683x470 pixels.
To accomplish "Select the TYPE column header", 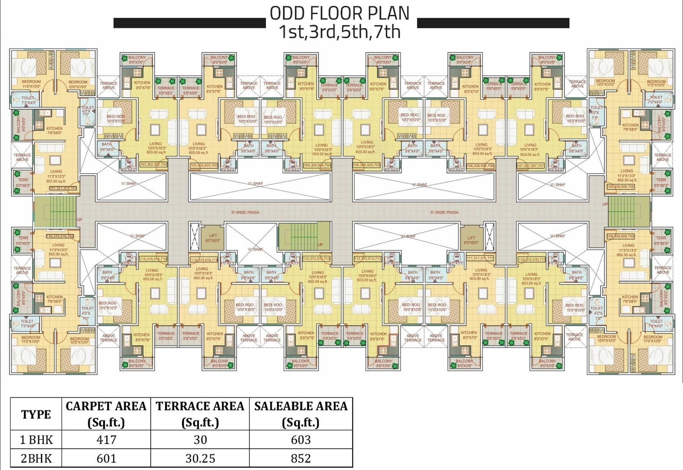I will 36,414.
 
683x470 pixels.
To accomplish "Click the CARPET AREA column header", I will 106,414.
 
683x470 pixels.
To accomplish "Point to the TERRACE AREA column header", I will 200,414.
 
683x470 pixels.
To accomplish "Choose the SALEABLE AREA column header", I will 301,414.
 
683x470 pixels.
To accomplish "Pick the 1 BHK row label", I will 36,440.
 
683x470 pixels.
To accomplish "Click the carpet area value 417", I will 106,440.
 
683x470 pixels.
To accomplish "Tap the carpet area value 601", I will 106,458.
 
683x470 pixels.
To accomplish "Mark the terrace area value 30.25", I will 200,458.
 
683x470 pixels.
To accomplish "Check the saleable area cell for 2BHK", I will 301,458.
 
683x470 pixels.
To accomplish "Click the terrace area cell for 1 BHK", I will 200,440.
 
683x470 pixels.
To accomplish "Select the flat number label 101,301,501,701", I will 63,188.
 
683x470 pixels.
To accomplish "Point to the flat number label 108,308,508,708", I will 620,187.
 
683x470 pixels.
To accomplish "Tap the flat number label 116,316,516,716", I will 60,236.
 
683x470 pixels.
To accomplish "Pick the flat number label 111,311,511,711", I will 480,258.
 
